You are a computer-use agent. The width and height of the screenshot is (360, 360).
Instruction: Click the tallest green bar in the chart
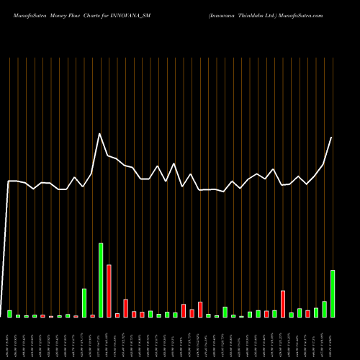click(x=101, y=280)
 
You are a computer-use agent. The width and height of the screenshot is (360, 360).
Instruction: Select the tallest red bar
click(x=109, y=291)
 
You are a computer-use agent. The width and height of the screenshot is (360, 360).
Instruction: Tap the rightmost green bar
click(x=332, y=293)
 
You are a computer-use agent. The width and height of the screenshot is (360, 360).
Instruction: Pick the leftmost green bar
click(x=9, y=313)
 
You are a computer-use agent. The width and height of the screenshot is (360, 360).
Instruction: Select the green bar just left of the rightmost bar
click(x=324, y=309)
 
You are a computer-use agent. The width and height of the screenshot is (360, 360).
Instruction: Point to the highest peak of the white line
click(x=99, y=134)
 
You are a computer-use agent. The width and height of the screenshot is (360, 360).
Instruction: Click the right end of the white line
click(x=332, y=137)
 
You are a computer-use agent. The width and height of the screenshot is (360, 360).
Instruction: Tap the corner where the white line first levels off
click(x=9, y=181)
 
